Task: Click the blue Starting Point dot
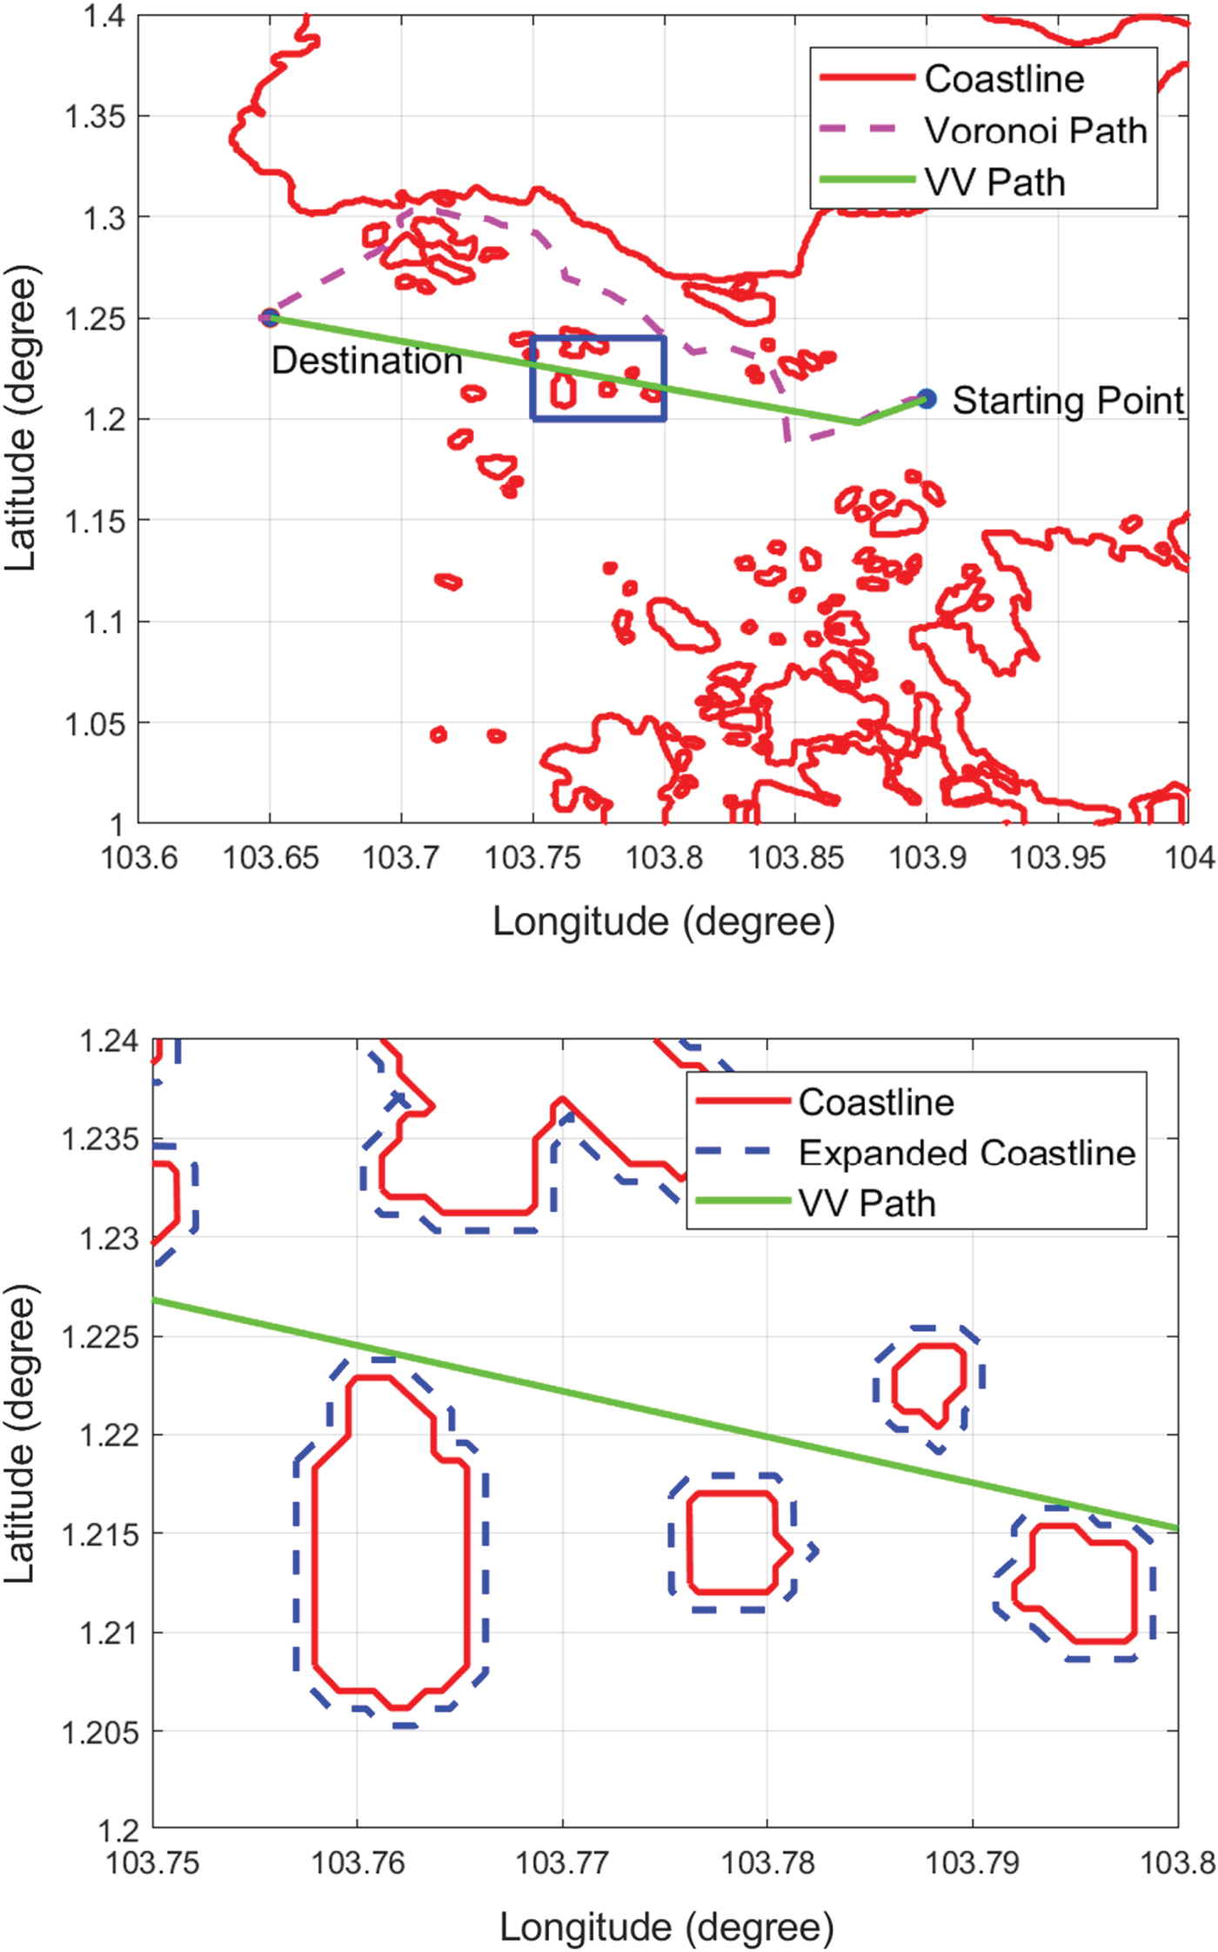[x=927, y=399]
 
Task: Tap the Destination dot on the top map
[x=270, y=317]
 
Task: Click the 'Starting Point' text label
[x=1067, y=401]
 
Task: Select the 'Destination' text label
[x=366, y=361]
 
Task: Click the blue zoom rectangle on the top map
[x=599, y=337]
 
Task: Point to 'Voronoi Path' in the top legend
[x=1035, y=130]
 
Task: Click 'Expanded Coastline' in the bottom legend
[x=967, y=1153]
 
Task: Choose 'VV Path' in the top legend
[x=994, y=183]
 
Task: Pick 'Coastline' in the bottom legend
[x=876, y=1103]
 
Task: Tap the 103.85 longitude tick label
[x=796, y=858]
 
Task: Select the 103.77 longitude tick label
[x=562, y=1862]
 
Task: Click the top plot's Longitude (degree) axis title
[x=664, y=922]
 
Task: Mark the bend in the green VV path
[x=858, y=423]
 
